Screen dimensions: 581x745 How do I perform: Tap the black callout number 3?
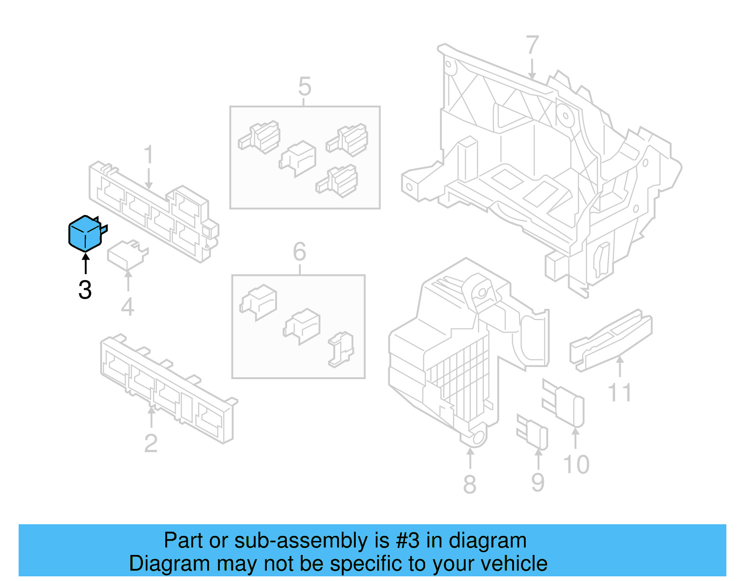pos(85,290)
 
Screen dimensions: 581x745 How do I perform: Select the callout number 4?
pos(128,307)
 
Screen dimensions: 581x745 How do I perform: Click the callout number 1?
pos(149,154)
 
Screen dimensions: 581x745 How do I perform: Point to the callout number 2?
pos(151,443)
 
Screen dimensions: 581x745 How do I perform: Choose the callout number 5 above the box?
pos(305,87)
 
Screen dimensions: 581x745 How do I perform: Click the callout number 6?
pos(299,252)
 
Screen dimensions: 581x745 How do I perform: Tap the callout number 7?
pos(532,45)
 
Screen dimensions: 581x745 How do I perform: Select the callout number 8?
pos(470,484)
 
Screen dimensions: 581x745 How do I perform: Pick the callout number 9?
pos(538,482)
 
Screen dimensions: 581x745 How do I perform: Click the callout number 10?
pos(576,465)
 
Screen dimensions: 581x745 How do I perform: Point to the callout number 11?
pos(620,393)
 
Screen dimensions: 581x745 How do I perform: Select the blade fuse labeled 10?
pos(565,403)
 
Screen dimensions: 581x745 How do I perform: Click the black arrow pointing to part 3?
pos(85,264)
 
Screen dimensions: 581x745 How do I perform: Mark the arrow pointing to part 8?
pos(470,458)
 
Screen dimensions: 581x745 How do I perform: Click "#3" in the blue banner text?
pos(407,541)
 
